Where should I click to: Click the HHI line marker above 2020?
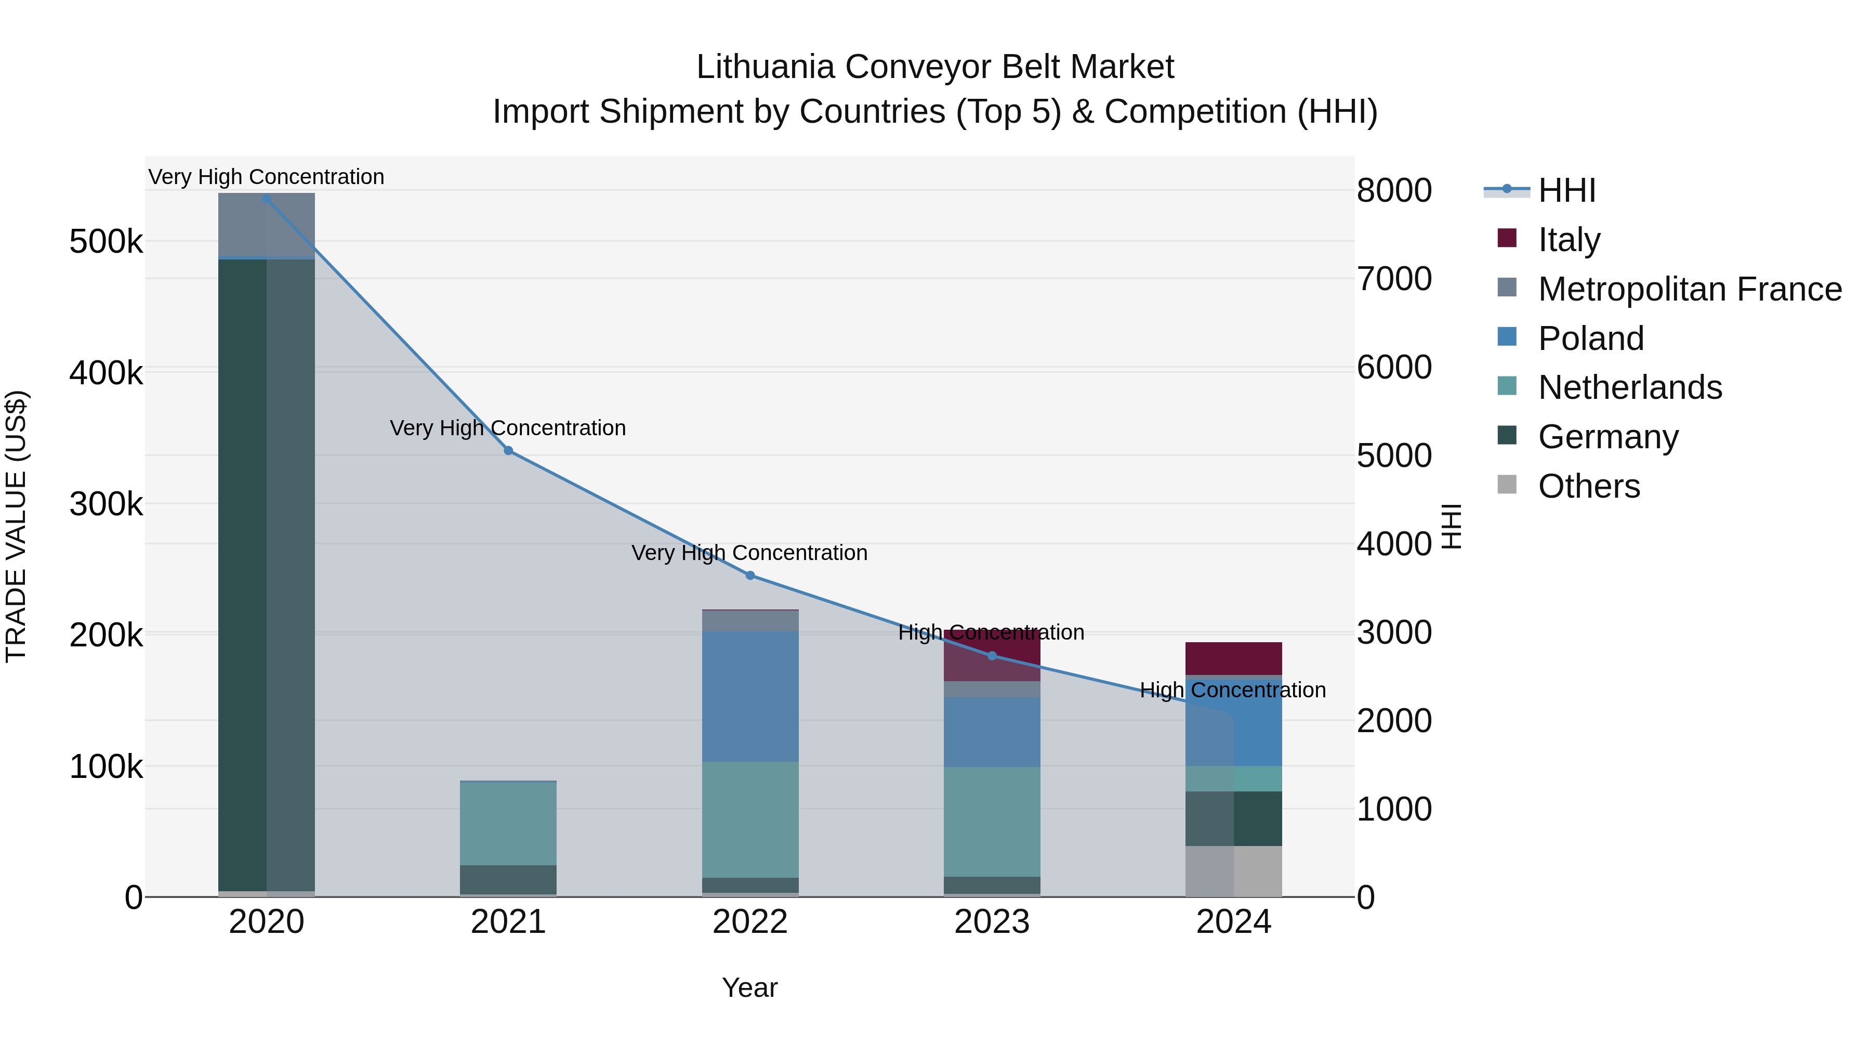[267, 199]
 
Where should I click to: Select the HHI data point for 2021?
[508, 450]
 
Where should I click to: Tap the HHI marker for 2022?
[750, 576]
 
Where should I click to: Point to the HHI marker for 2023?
[992, 656]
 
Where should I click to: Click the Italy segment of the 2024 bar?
[1233, 658]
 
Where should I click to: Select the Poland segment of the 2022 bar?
[750, 696]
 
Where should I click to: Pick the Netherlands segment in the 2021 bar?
[508, 823]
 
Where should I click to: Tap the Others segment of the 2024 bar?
[1233, 872]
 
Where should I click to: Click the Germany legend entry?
[1608, 437]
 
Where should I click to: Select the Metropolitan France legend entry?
[1690, 289]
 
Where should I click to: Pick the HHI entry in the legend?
[1566, 190]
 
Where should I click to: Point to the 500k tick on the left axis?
[106, 241]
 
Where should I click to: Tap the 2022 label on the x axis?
[750, 922]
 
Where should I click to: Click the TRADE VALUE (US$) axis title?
[16, 526]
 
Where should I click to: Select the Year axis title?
[749, 987]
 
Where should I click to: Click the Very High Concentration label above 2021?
[508, 428]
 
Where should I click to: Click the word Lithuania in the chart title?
[766, 67]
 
